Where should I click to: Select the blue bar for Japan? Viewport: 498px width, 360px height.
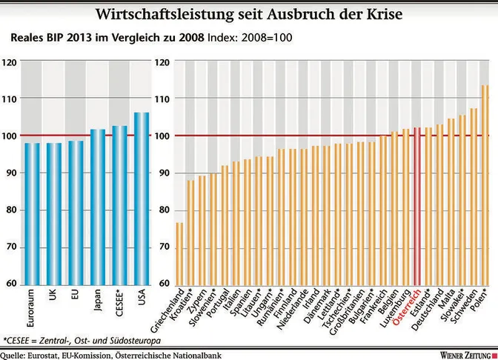(98, 207)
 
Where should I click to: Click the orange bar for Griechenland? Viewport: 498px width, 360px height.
(179, 253)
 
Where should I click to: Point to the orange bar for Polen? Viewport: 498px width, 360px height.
(485, 184)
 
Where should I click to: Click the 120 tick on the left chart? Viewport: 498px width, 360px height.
(10, 62)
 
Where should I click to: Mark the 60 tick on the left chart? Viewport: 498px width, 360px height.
(12, 283)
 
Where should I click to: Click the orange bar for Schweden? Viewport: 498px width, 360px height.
(474, 196)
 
